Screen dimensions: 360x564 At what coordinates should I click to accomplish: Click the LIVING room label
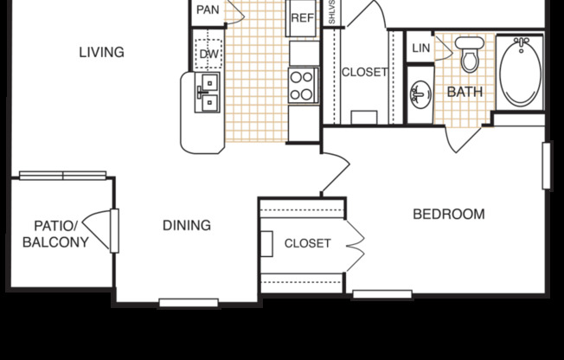[x=101, y=52]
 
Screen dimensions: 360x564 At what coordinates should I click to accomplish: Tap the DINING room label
[x=187, y=226]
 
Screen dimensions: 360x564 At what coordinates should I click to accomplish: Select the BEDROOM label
[x=448, y=214]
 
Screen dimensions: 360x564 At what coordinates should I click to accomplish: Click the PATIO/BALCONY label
[x=56, y=235]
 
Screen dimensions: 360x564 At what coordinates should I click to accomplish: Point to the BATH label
[x=465, y=92]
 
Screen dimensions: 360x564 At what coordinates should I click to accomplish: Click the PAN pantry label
[x=208, y=10]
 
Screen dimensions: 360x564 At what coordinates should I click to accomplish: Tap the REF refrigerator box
[x=302, y=17]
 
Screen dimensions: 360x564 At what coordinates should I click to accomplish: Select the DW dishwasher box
[x=208, y=54]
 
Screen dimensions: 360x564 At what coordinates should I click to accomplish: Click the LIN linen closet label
[x=420, y=48]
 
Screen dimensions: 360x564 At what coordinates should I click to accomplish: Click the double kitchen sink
[x=208, y=93]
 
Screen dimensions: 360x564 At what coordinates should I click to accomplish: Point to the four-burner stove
[x=303, y=85]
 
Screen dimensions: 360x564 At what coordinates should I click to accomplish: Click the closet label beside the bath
[x=364, y=72]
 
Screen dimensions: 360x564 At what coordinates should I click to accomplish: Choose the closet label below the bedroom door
[x=307, y=243]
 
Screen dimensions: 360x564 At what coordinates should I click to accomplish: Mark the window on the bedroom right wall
[x=546, y=165]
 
